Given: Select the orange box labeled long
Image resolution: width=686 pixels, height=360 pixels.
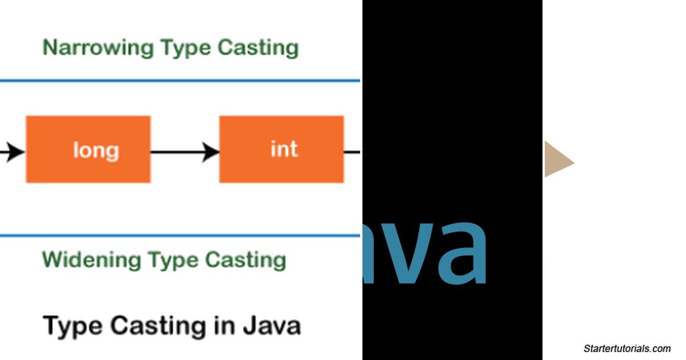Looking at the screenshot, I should click(88, 150).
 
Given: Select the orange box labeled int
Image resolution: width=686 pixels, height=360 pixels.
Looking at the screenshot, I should click(282, 150).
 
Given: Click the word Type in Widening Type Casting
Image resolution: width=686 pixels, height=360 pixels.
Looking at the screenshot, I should click(173, 261).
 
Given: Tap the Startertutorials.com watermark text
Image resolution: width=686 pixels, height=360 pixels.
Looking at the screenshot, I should click(627, 349).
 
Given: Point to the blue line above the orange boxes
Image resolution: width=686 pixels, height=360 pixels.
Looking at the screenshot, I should click(180, 81).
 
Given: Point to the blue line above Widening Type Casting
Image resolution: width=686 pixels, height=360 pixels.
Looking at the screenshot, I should click(180, 235).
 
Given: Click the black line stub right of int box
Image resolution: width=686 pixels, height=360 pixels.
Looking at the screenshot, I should click(352, 152).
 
